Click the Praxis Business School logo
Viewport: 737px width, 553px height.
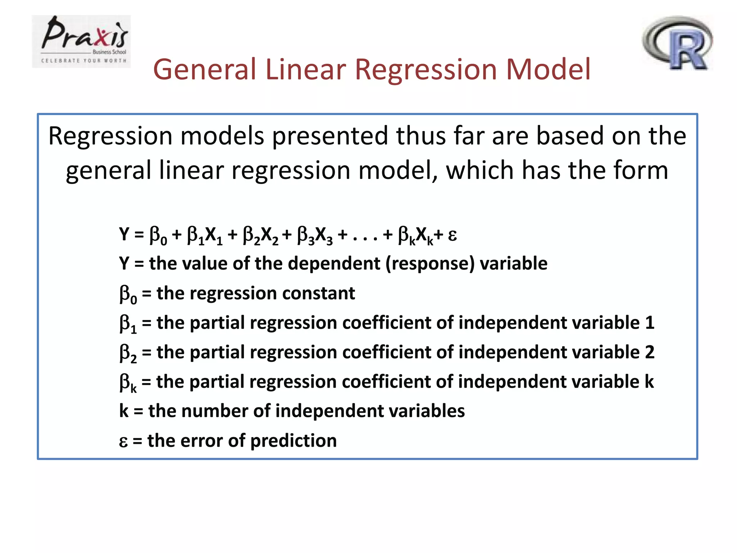click(81, 41)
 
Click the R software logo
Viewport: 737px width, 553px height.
click(678, 43)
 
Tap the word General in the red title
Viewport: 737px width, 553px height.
click(204, 69)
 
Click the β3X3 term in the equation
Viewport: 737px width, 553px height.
click(315, 235)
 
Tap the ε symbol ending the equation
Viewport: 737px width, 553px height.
click(452, 235)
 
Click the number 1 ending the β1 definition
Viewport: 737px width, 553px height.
click(650, 323)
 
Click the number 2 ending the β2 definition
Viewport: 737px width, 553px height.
click(650, 352)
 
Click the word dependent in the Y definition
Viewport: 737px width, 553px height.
click(334, 264)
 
